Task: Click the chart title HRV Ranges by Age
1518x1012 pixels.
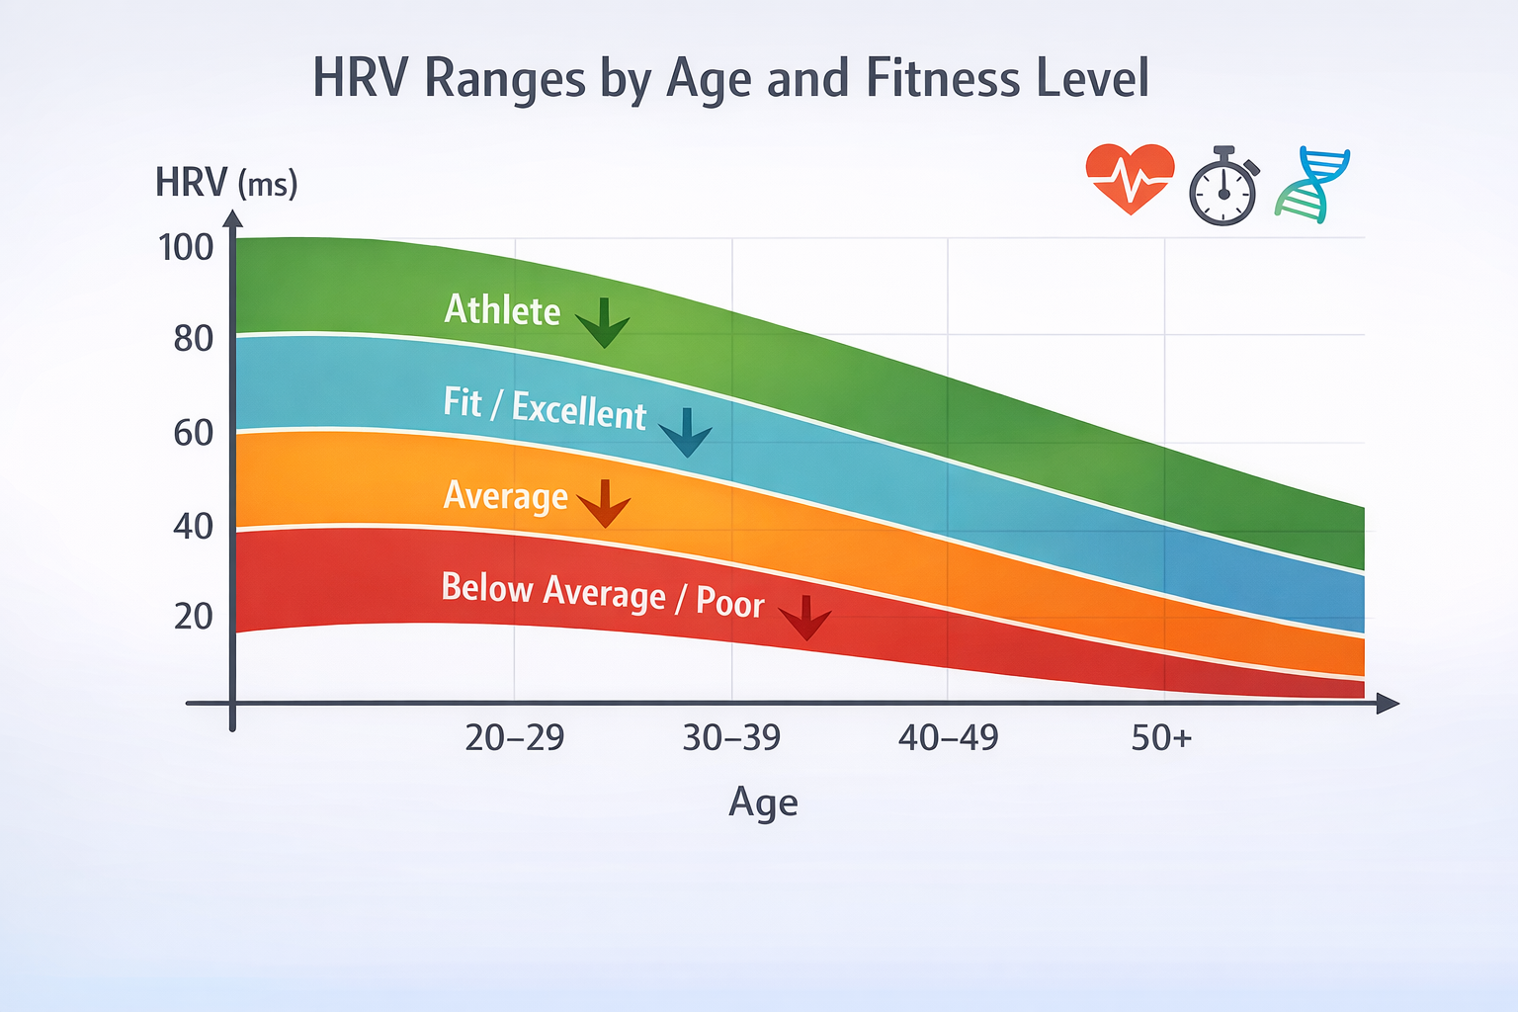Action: [730, 79]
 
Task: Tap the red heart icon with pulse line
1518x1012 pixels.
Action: [1130, 179]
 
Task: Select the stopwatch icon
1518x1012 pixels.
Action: [1223, 187]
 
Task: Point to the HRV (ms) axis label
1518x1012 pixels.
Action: [226, 183]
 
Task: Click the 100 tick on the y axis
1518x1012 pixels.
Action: [186, 247]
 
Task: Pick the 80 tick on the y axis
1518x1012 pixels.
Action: [193, 339]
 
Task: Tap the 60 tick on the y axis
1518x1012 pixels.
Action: [193, 433]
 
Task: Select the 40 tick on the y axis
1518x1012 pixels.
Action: [193, 526]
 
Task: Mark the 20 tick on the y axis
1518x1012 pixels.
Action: [193, 617]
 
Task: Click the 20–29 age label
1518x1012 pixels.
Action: [514, 737]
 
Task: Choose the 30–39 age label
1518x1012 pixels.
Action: [731, 737]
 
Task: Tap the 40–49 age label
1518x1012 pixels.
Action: [948, 737]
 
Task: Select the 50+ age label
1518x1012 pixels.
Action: [1161, 737]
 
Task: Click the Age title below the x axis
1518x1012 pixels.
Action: [763, 802]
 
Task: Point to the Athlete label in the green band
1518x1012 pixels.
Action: [502, 310]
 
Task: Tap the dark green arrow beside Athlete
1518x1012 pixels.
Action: [603, 323]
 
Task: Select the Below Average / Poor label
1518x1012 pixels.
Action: [603, 595]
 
